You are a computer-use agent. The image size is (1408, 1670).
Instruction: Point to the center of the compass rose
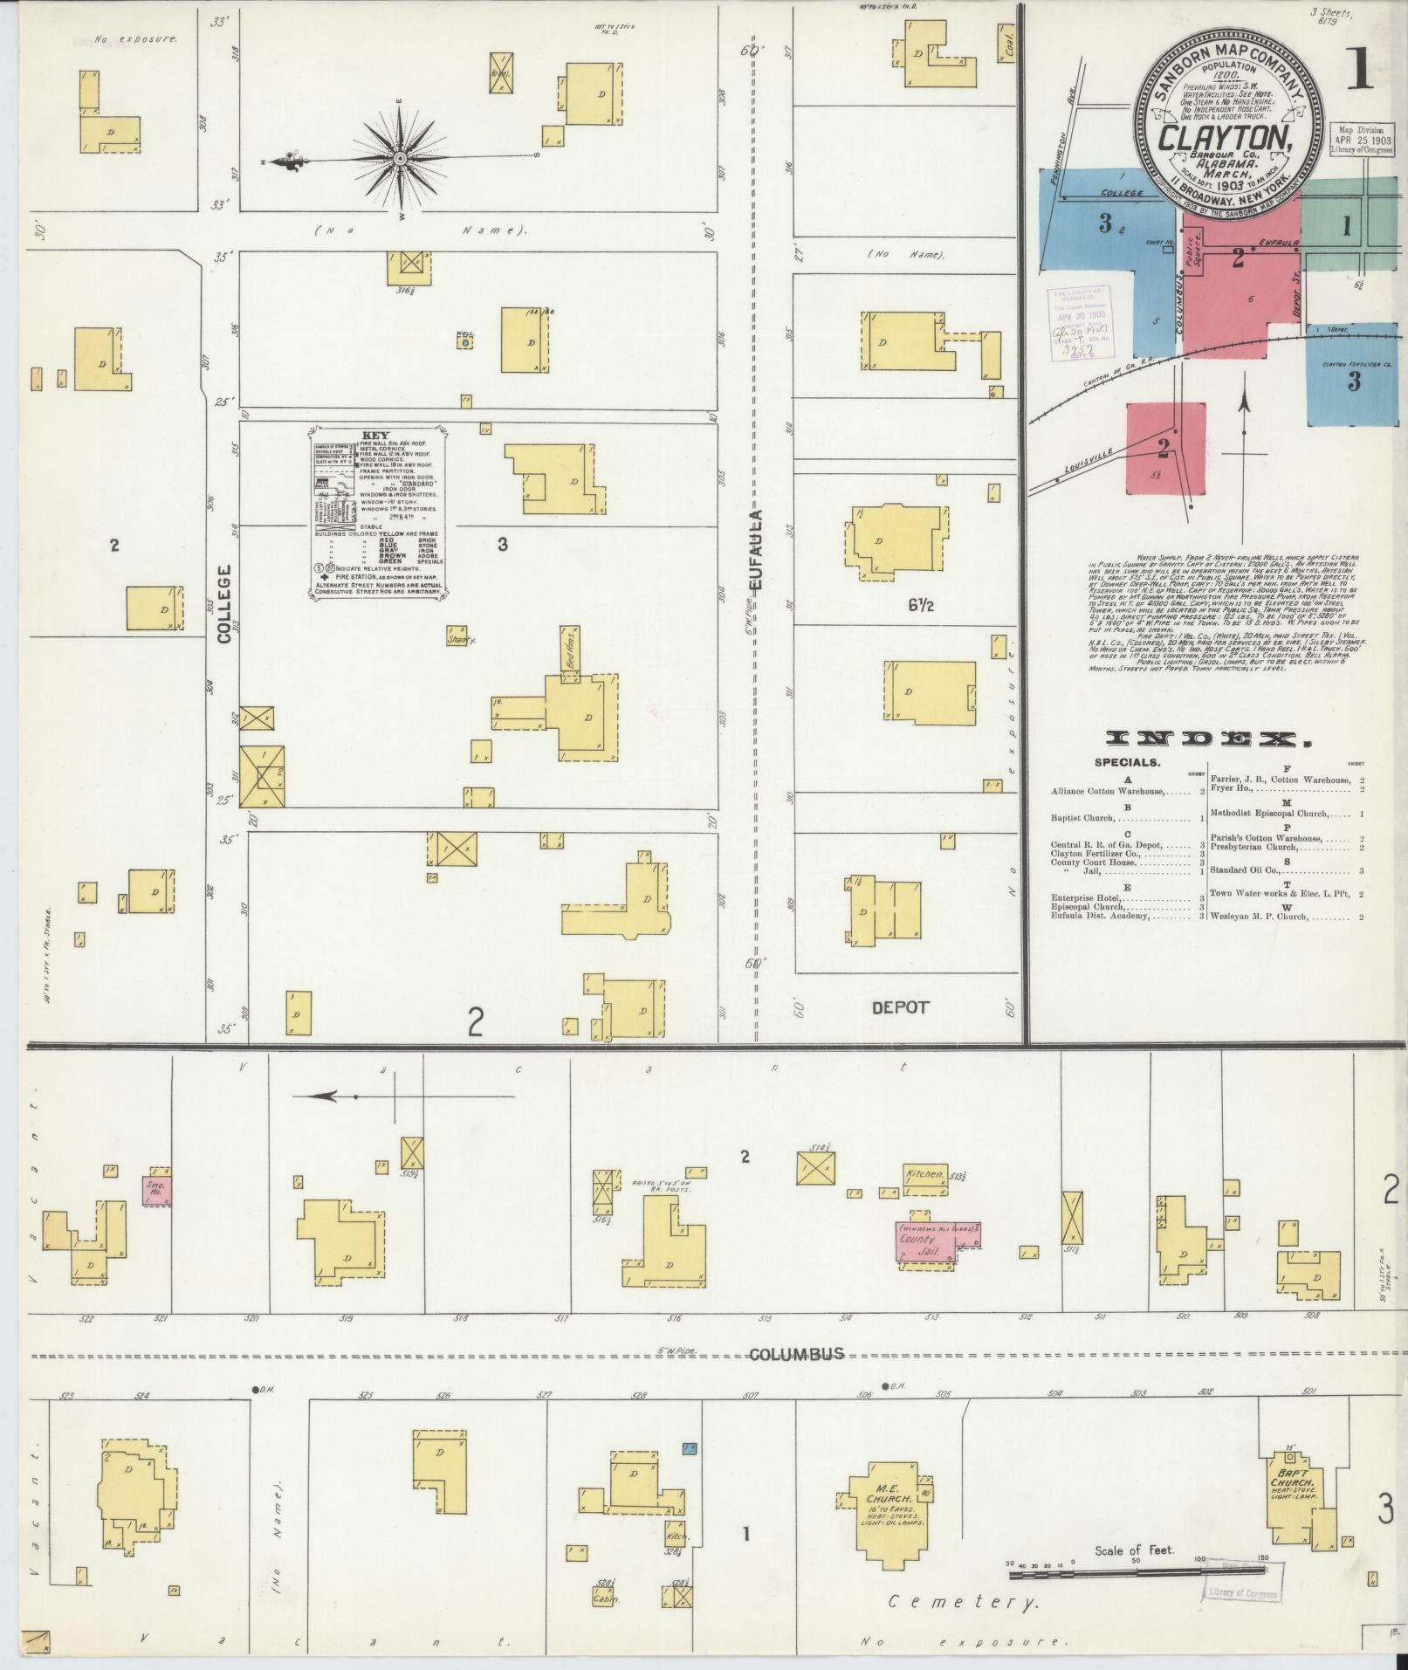pyautogui.click(x=399, y=158)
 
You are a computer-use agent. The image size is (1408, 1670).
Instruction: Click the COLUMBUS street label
pyautogui.click(x=796, y=1354)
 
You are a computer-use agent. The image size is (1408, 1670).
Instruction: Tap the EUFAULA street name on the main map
pyautogui.click(x=756, y=550)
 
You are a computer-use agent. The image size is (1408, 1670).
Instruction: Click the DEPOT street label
pyautogui.click(x=901, y=1007)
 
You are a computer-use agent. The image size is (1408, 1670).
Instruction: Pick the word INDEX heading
pyautogui.click(x=1209, y=740)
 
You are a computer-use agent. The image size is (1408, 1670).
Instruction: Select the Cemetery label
pyautogui.click(x=963, y=1603)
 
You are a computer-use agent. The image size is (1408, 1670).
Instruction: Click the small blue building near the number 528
pyautogui.click(x=689, y=1448)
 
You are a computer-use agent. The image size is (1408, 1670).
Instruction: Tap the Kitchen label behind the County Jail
pyautogui.click(x=924, y=1175)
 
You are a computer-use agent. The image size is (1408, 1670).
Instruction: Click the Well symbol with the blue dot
pyautogui.click(x=465, y=343)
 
